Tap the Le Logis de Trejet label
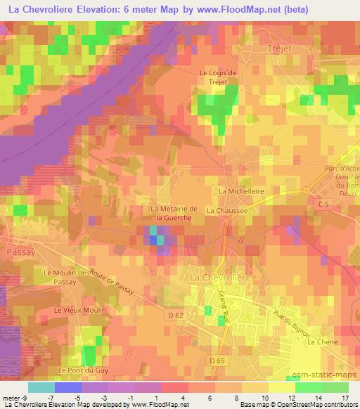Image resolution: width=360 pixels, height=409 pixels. pyautogui.click(x=219, y=77)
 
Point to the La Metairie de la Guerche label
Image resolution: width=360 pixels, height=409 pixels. pyautogui.click(x=172, y=213)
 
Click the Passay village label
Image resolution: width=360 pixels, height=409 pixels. pyautogui.click(x=15, y=251)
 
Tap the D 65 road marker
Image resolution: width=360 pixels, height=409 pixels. pyautogui.click(x=217, y=361)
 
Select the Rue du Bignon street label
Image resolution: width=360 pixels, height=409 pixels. pyautogui.click(x=293, y=326)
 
